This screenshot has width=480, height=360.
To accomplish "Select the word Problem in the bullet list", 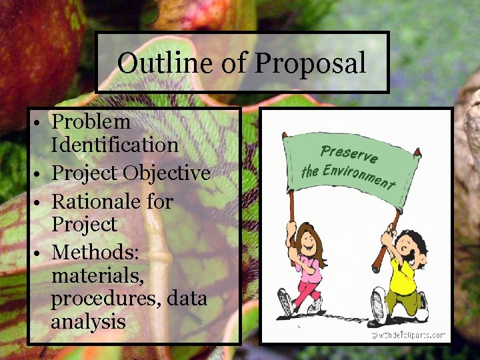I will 91,122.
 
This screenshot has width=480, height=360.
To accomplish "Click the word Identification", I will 115,145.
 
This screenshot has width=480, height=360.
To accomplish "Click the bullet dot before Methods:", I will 41,253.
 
